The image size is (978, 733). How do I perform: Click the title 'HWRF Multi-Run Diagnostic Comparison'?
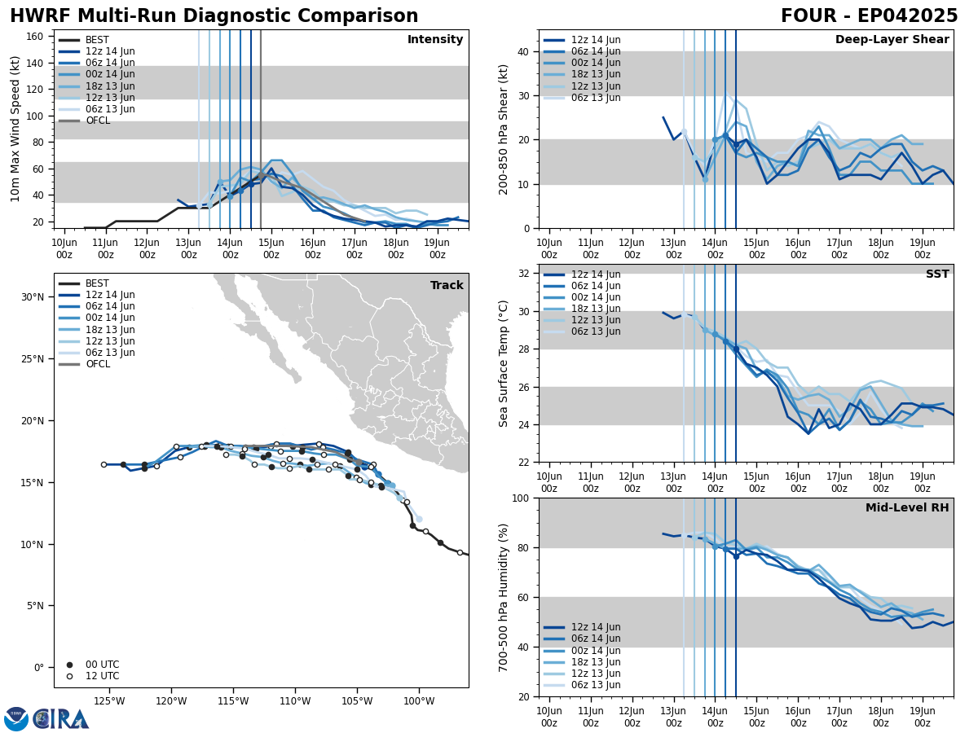[x=214, y=16]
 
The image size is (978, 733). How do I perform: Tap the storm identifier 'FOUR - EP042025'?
[x=869, y=16]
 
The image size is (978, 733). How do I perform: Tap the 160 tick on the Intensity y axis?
[x=35, y=37]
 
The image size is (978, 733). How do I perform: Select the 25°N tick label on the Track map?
[x=33, y=359]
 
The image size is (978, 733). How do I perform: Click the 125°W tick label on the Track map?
[x=108, y=700]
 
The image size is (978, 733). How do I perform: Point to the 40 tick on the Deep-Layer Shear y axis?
[x=522, y=52]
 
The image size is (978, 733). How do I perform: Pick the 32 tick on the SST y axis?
[x=522, y=274]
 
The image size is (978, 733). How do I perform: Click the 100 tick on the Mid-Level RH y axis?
[x=518, y=498]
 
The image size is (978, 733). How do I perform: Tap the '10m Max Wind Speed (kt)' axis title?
[x=16, y=129]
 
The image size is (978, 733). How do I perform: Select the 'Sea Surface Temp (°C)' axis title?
[x=504, y=363]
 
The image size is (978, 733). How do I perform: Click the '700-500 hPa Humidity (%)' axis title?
[x=504, y=597]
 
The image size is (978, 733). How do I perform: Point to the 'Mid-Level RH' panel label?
[x=907, y=508]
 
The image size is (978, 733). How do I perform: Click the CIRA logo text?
[x=61, y=719]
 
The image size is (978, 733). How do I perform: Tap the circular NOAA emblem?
[x=16, y=719]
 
